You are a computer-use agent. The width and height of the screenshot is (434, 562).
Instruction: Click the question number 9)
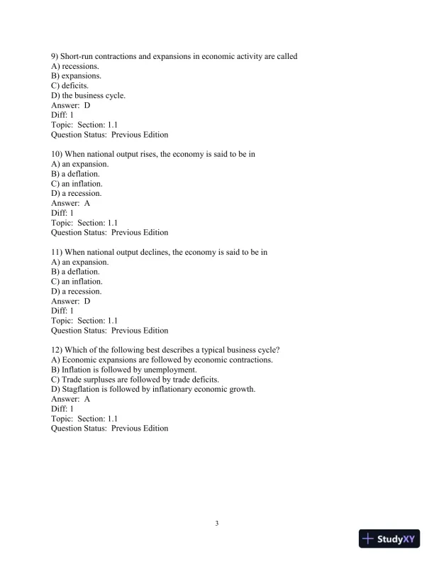[x=56, y=56]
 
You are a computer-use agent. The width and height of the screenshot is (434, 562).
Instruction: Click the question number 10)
[x=58, y=154]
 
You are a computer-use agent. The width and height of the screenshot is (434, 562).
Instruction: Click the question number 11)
[x=58, y=252]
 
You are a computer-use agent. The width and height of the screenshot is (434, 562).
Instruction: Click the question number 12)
[x=58, y=350]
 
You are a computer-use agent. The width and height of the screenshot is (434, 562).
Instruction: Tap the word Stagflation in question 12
[x=84, y=390]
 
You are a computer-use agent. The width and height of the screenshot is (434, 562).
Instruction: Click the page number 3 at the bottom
[x=217, y=524]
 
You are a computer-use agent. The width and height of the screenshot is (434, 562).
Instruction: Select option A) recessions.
[x=76, y=66]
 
